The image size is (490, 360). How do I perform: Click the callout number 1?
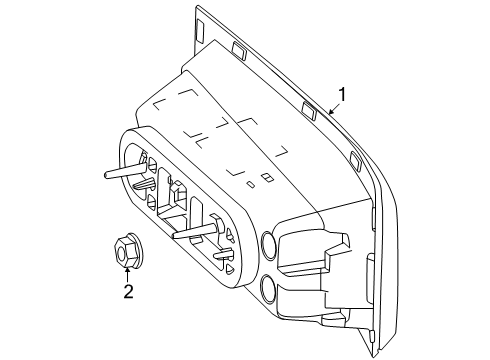[x=342, y=95]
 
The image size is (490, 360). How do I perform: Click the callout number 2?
[x=128, y=292]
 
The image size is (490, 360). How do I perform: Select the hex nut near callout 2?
[x=127, y=250]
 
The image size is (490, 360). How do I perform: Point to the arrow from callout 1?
[x=334, y=108]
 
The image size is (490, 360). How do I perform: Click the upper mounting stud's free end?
[x=106, y=174]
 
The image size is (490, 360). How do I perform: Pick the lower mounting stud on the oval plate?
[x=196, y=230]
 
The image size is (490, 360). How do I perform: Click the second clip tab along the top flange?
[x=239, y=50]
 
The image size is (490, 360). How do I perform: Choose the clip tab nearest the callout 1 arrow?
[x=308, y=110]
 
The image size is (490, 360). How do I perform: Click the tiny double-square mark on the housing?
[x=267, y=178]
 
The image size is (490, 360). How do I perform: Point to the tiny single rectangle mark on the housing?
[x=250, y=184]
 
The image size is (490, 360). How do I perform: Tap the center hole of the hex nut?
[x=122, y=256]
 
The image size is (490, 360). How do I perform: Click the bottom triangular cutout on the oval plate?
[x=229, y=269]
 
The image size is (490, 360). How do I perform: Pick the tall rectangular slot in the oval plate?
[x=197, y=218]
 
